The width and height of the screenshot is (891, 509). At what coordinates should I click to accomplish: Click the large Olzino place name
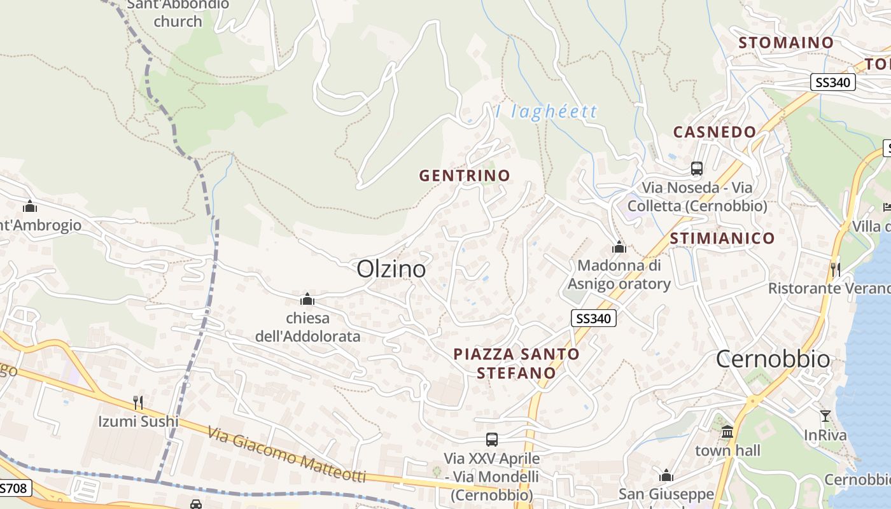[391, 269]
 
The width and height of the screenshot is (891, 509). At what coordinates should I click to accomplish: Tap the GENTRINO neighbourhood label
[465, 176]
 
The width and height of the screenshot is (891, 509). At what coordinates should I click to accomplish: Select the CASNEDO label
[715, 132]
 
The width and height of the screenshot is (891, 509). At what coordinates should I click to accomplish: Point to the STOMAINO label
[786, 43]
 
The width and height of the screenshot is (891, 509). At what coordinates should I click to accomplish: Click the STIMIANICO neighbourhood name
[722, 239]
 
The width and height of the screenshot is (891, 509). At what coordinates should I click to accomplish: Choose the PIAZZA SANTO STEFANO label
[516, 363]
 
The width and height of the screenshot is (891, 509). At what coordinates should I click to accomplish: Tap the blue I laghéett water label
[547, 112]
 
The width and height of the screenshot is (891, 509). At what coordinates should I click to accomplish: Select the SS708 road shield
[14, 488]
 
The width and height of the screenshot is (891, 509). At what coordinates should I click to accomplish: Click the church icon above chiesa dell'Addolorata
[307, 299]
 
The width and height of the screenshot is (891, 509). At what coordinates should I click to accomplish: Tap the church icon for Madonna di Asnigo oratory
[619, 247]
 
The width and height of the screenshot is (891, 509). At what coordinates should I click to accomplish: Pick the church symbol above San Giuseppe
[666, 476]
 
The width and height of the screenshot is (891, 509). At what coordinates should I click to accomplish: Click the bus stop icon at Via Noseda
[697, 169]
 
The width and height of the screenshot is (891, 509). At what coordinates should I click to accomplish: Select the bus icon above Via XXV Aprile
[491, 439]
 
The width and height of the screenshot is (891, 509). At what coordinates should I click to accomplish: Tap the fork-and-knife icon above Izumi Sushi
[137, 402]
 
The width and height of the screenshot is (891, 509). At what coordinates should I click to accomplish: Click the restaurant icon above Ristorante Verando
[835, 269]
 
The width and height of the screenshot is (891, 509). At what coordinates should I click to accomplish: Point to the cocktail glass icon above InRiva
[825, 416]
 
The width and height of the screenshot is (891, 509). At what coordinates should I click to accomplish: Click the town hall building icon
[727, 432]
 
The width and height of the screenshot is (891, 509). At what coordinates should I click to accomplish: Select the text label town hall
[727, 450]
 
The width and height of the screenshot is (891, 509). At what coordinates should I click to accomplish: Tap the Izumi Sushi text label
[138, 421]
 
